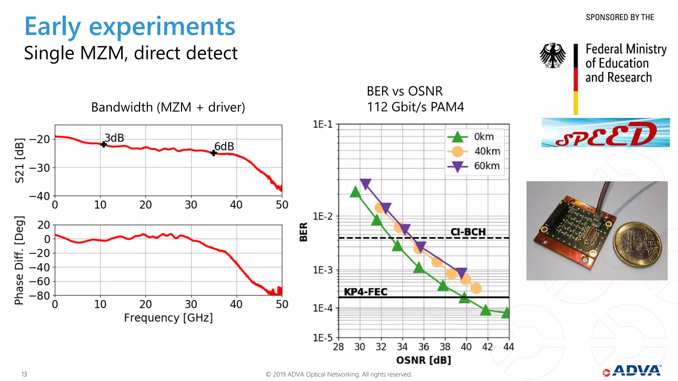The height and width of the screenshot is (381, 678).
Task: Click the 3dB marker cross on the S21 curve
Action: (x=104, y=145)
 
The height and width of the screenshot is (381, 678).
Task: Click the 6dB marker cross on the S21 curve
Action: (x=214, y=153)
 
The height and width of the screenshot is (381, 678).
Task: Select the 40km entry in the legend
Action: (x=487, y=151)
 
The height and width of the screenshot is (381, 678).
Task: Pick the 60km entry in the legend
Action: (x=487, y=166)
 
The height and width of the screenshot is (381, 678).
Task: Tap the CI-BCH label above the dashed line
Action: (x=468, y=232)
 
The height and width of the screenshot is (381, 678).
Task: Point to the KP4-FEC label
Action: (x=365, y=292)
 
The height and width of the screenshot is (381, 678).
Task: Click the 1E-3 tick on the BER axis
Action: (x=323, y=270)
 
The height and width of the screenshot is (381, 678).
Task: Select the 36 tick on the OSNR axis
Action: (x=423, y=347)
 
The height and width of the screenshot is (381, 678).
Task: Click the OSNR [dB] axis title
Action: (x=423, y=360)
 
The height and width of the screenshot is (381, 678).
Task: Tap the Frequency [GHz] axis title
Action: (x=168, y=318)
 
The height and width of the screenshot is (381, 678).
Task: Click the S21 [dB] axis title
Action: (x=20, y=160)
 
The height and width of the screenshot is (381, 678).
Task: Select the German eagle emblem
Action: (x=553, y=56)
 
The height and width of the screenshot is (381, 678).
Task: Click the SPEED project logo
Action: (x=605, y=133)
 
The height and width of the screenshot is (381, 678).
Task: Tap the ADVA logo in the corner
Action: (x=632, y=371)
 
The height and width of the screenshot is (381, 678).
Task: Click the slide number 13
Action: (x=24, y=374)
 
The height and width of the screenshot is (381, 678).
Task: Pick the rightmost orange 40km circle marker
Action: (x=476, y=288)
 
